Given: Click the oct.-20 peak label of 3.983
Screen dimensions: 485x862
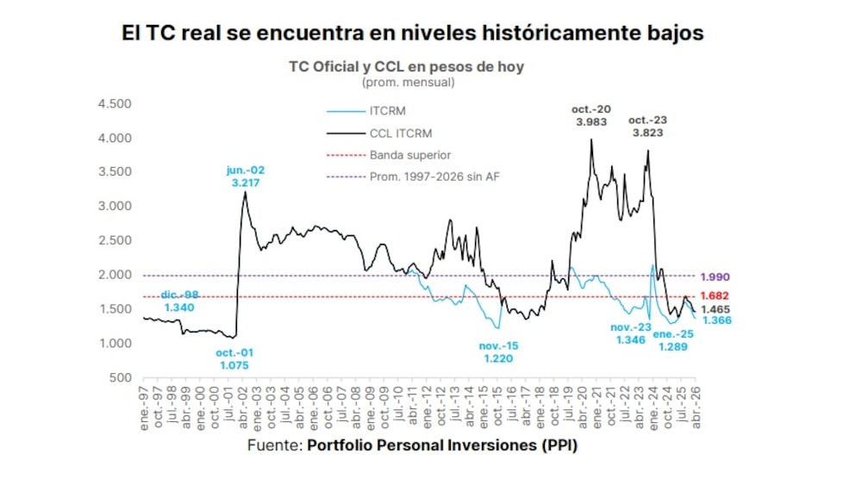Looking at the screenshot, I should pyautogui.click(x=591, y=115).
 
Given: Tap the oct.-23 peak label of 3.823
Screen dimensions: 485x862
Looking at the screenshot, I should pyautogui.click(x=648, y=127).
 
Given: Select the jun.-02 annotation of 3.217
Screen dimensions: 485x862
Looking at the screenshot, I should pyautogui.click(x=244, y=177).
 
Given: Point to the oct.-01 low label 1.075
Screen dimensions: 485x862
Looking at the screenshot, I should pyautogui.click(x=235, y=358).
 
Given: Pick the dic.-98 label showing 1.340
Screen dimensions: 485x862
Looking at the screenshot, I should pyautogui.click(x=179, y=301).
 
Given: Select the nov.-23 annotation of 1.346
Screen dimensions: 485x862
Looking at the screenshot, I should pyautogui.click(x=632, y=334).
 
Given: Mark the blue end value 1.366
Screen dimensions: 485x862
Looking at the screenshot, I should pyautogui.click(x=717, y=320).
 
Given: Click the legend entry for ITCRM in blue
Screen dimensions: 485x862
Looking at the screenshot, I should pyautogui.click(x=387, y=111).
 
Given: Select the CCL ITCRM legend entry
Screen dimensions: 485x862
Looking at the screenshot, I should pyautogui.click(x=400, y=134).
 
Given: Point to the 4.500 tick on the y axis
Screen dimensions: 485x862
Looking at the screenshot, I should pyautogui.click(x=115, y=104).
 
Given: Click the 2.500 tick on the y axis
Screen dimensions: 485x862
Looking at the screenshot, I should pyautogui.click(x=115, y=240).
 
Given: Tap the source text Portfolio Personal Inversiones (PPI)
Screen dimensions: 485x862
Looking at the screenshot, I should pyautogui.click(x=442, y=446).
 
